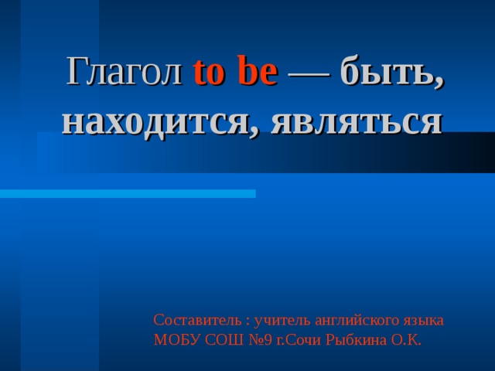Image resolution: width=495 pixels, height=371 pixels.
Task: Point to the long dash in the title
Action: [x=308, y=74]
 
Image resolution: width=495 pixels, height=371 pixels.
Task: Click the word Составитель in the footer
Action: [x=196, y=319]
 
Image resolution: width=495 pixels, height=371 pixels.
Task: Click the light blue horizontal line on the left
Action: [x=128, y=193]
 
